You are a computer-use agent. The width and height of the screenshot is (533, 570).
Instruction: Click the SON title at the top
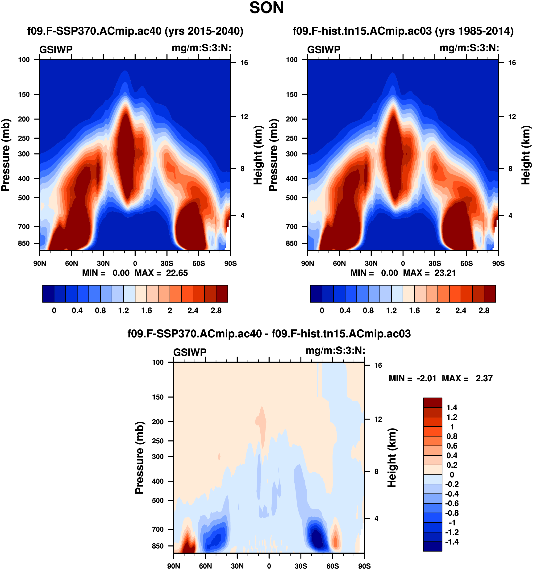pos(266,8)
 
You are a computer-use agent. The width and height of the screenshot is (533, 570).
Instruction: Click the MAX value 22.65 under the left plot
pos(177,273)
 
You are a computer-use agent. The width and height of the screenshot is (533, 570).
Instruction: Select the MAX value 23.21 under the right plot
pos(445,273)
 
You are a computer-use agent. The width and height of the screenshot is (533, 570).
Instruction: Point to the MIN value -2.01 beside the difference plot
pos(426,379)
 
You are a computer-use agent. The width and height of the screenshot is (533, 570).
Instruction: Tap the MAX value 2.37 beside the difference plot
pos(484,379)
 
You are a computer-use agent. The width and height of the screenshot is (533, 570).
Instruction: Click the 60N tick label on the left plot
pos(71,263)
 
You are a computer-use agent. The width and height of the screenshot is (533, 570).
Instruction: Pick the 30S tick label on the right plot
pos(435,263)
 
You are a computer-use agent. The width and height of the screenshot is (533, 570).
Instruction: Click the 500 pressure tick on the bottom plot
pos(158,500)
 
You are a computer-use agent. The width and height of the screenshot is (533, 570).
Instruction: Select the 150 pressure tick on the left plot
pos(24,95)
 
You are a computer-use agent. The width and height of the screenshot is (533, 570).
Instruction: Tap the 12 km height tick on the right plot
pos(512,117)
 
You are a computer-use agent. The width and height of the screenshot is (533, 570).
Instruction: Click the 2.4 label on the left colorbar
pos(193,311)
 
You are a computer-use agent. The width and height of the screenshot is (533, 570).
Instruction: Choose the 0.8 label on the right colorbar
pos(368,311)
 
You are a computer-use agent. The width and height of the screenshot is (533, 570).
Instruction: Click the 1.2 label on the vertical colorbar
pos(452,417)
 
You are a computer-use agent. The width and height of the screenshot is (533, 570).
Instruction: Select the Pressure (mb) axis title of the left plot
pos(6,155)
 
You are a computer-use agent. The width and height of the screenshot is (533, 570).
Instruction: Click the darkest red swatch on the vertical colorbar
pos(432,403)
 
